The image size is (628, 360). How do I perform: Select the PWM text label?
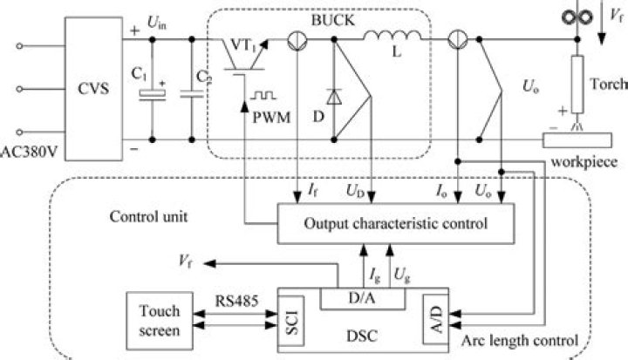[268, 114]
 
